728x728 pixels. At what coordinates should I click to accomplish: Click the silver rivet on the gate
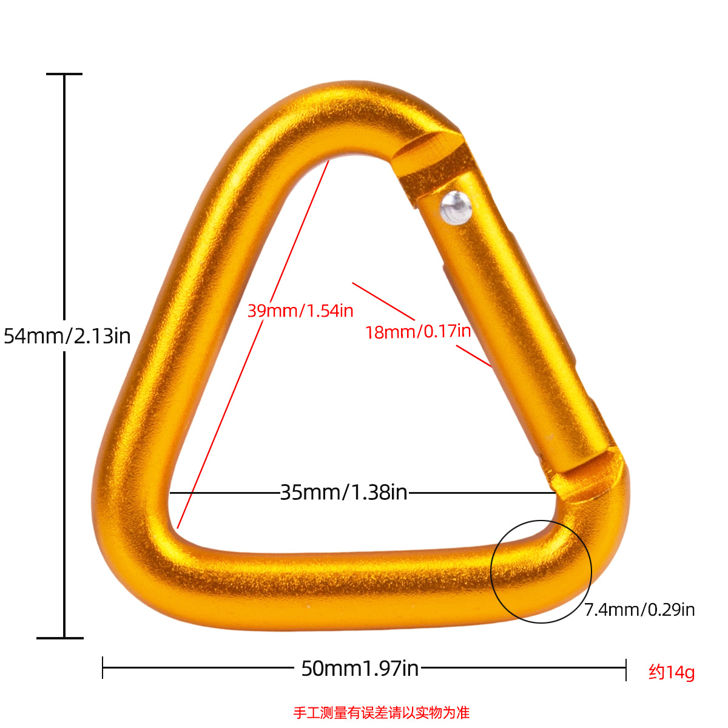click(x=456, y=207)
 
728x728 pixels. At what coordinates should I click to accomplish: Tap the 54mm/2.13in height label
click(x=67, y=335)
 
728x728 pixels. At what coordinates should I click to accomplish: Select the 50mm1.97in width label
click(x=360, y=669)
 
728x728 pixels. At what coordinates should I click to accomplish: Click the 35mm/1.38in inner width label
click(x=343, y=492)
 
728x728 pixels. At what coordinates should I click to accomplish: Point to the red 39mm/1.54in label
click(x=300, y=311)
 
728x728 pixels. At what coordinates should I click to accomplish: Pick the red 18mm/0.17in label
click(x=418, y=331)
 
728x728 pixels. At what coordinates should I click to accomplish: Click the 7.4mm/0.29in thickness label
click(x=639, y=610)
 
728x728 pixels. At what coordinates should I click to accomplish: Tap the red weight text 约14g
click(x=672, y=672)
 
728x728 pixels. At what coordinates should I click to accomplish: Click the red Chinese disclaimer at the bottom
click(x=382, y=712)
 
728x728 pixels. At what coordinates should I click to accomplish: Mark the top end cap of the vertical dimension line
click(x=64, y=74)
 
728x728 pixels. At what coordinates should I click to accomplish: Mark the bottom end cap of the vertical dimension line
click(x=61, y=638)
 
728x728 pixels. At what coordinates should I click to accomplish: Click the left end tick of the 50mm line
click(x=103, y=668)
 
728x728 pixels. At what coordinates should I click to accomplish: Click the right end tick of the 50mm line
click(x=625, y=668)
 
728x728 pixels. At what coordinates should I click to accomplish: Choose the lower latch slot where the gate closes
click(x=591, y=479)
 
